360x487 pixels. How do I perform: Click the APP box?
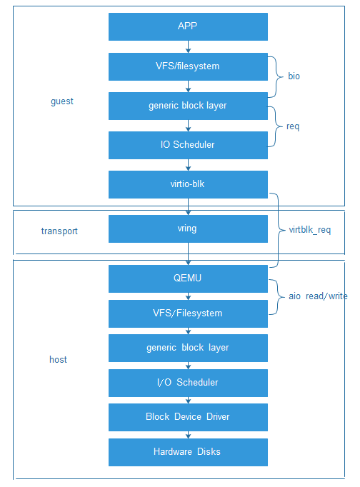click(188, 26)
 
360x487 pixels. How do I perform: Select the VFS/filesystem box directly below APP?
click(188, 66)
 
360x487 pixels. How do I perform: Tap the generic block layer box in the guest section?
click(188, 106)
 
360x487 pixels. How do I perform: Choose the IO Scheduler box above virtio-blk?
click(188, 145)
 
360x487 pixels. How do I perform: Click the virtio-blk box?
click(188, 184)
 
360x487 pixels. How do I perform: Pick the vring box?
click(188, 229)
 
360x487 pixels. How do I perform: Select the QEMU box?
click(188, 278)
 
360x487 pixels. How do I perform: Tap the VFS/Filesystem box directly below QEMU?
click(188, 313)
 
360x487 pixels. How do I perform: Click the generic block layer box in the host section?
click(188, 348)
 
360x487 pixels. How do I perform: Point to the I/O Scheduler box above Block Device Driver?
click(188, 383)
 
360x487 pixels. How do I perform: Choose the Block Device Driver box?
click(188, 417)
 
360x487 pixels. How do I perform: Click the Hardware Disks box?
click(188, 452)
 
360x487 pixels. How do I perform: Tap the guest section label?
click(62, 101)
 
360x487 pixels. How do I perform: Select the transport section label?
click(59, 231)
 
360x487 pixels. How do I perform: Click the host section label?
click(58, 360)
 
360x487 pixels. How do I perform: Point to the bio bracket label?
click(294, 76)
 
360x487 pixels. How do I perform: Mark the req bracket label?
click(293, 126)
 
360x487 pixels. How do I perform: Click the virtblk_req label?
click(309, 231)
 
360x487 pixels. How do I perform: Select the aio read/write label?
click(317, 296)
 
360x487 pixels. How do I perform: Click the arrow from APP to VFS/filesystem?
click(188, 46)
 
